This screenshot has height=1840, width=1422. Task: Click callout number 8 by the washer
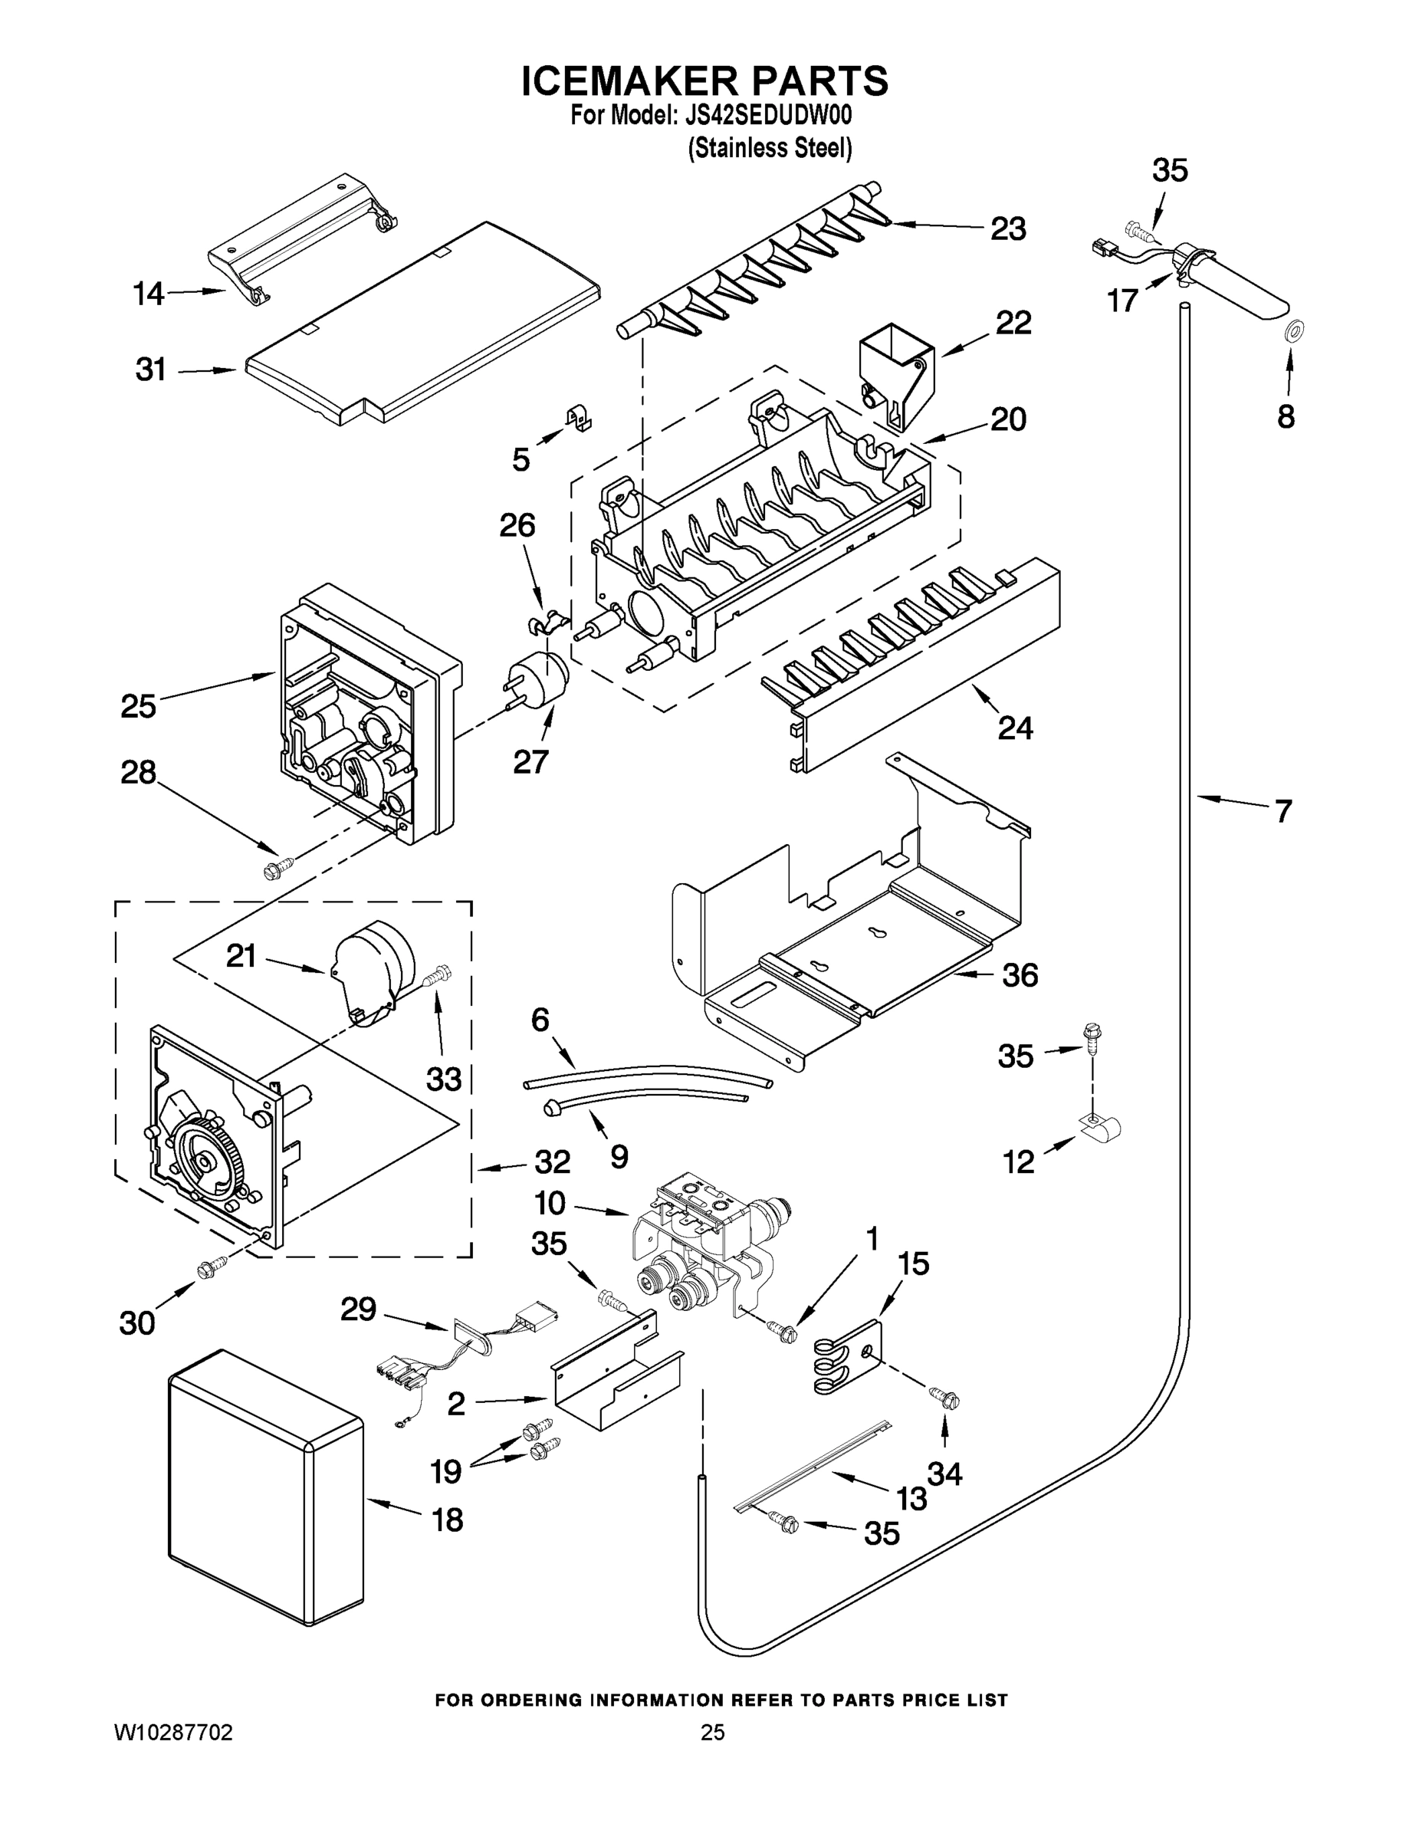(1286, 417)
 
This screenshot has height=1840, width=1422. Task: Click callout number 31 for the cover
(151, 370)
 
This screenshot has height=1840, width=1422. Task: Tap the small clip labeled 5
(577, 417)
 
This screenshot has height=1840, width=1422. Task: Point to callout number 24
(1015, 727)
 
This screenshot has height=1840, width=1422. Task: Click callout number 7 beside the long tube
(1282, 811)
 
